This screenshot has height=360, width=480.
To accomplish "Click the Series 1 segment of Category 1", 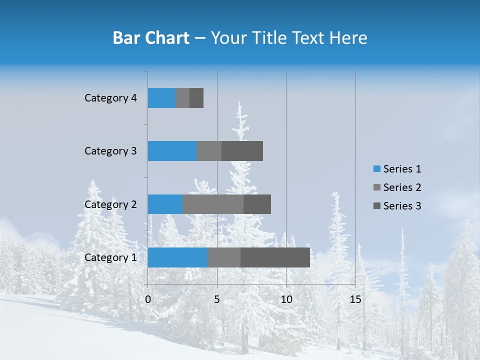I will (x=177, y=257).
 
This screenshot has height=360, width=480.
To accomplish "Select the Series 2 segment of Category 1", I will (x=224, y=257).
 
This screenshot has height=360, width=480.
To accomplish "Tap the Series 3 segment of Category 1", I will (x=275, y=257).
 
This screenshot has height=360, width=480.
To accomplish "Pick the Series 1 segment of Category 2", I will (x=165, y=204).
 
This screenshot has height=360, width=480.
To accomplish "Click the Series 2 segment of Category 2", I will (x=213, y=204).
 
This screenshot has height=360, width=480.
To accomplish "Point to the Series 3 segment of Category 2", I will (x=257, y=204).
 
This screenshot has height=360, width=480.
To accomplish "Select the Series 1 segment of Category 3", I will (x=172, y=151).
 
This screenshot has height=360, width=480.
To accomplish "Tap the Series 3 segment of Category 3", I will (x=242, y=151).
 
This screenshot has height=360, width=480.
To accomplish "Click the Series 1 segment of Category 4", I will (x=161, y=98).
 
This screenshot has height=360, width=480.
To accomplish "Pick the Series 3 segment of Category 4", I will (x=196, y=98).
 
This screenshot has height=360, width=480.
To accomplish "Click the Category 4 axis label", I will (x=110, y=98).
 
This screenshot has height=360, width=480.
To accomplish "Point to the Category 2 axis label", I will (x=110, y=204).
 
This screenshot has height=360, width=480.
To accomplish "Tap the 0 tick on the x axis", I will (x=148, y=299).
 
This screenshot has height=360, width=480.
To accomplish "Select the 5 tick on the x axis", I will (x=217, y=299).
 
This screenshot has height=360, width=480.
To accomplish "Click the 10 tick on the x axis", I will (x=286, y=299).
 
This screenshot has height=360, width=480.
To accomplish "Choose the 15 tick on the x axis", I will (x=355, y=299).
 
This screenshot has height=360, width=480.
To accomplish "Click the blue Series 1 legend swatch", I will (x=376, y=169).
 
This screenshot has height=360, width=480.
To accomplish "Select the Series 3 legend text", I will (x=402, y=206).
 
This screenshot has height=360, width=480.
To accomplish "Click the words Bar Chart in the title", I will (x=151, y=38).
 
